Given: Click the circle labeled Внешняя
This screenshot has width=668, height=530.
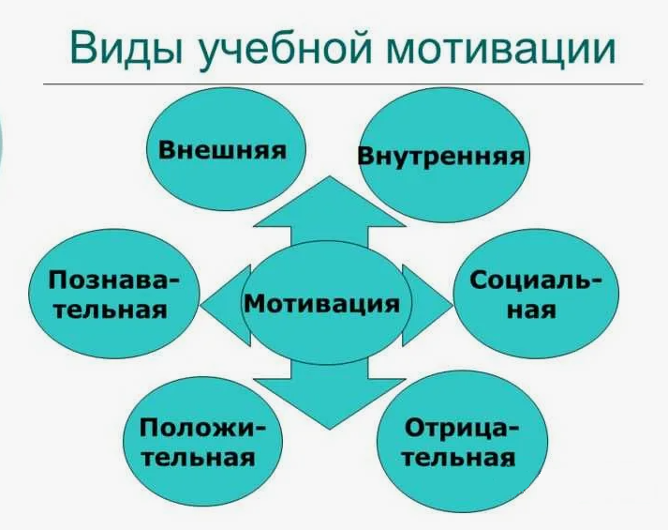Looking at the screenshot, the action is pos(222,150).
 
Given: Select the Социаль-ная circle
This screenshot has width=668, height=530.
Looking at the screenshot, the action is pos(535,295).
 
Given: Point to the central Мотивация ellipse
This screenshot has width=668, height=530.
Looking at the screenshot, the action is pos(322,302).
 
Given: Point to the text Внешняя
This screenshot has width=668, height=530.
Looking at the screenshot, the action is pos(222,150).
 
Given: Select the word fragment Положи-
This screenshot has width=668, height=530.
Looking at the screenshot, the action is pos(202,428).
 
